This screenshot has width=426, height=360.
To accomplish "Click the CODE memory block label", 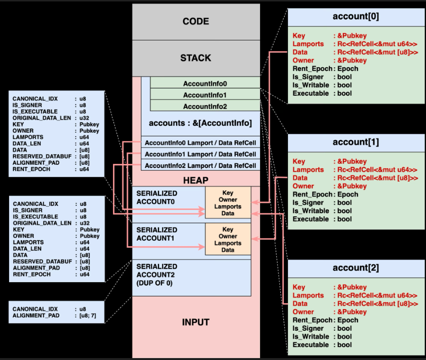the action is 196,22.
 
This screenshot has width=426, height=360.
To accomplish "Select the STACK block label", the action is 196,58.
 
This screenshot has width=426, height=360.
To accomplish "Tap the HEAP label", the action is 196,180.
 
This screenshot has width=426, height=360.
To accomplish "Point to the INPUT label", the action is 196,322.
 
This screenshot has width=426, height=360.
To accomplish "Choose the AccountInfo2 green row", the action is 205,106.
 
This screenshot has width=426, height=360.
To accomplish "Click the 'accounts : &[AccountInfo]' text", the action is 200,123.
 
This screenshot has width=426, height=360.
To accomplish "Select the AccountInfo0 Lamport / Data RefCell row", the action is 200,142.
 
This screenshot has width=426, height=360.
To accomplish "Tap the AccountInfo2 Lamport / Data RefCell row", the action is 200,165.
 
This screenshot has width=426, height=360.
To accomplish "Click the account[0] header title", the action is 356,16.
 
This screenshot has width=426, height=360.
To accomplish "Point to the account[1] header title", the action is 356,142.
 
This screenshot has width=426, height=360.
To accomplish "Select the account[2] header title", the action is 356,268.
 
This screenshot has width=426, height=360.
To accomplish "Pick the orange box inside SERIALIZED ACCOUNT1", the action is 228,239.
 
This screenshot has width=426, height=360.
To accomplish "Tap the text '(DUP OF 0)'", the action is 154,283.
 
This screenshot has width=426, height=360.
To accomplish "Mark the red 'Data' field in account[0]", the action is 300,52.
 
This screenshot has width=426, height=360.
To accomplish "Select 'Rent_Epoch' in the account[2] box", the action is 313,321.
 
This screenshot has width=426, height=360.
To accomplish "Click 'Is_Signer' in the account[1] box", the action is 308,203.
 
